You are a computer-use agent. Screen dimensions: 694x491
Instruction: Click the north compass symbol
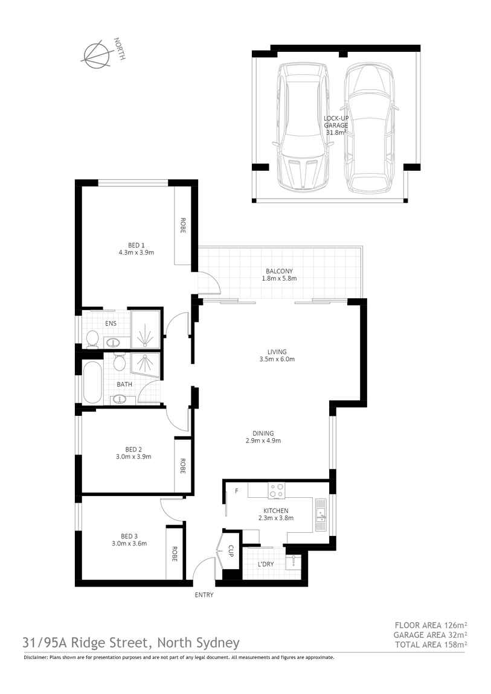pyautogui.click(x=97, y=53)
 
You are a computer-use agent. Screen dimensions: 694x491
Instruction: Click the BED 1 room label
pyautogui.click(x=136, y=245)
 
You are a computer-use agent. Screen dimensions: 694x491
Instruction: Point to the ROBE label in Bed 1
pyautogui.click(x=182, y=225)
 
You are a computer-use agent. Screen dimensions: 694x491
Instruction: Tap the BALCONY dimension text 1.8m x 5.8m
pyautogui.click(x=279, y=279)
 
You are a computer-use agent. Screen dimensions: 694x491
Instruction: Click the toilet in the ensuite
pyautogui.click(x=92, y=339)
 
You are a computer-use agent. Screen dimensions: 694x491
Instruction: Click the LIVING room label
pyautogui.click(x=277, y=352)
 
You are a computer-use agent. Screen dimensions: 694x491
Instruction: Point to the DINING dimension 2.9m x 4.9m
pyautogui.click(x=263, y=441)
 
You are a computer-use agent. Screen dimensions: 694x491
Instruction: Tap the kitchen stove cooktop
pyautogui.click(x=277, y=491)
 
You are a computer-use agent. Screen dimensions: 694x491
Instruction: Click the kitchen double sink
pyautogui.click(x=321, y=515)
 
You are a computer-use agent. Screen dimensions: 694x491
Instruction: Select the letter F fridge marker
pyautogui.click(x=236, y=491)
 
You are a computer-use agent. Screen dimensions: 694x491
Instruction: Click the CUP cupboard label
pyautogui.click(x=231, y=550)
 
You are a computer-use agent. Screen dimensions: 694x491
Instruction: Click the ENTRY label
pyautogui.click(x=204, y=595)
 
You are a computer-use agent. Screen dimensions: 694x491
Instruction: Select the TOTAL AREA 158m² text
pyautogui.click(x=431, y=645)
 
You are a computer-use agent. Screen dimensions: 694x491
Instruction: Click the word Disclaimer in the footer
pyautogui.click(x=36, y=658)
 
